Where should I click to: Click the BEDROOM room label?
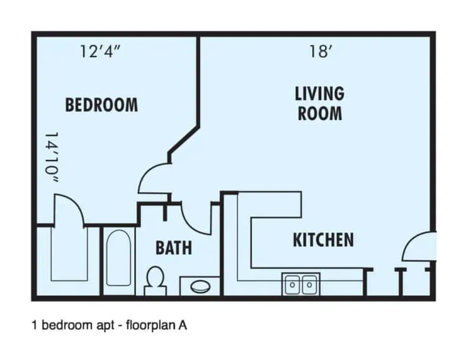coord(101,104)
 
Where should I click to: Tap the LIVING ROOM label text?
coord(319,103)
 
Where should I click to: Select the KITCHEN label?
coord(323,239)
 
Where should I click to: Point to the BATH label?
coord(173,248)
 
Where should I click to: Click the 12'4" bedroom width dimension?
coord(99,51)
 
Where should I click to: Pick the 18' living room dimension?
coord(319,51)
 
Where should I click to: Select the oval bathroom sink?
coord(200,287)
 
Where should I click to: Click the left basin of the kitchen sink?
coord(293,285)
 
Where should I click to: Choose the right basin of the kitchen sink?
coord(309,285)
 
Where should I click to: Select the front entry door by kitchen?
coord(419,247)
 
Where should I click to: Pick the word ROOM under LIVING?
coord(319,113)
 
